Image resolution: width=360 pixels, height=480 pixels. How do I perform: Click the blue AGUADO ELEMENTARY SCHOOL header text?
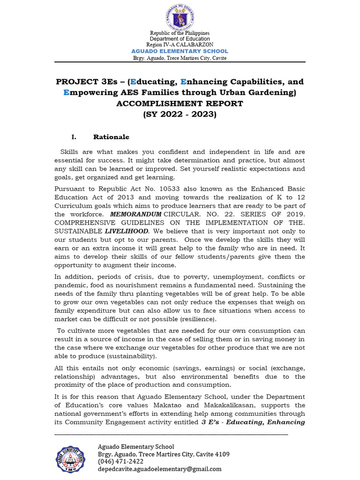click(180, 51)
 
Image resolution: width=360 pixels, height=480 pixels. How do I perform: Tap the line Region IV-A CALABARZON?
click(180, 45)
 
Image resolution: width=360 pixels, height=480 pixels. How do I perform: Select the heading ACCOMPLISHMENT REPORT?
click(180, 104)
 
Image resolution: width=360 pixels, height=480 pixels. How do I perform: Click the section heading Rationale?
click(111, 137)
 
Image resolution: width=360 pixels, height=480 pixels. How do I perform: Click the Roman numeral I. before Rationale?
click(74, 137)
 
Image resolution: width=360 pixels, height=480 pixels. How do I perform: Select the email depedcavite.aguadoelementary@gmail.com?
click(159, 469)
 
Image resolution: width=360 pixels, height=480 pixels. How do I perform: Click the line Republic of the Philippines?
click(180, 33)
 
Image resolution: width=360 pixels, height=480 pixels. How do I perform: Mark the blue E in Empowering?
click(66, 93)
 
